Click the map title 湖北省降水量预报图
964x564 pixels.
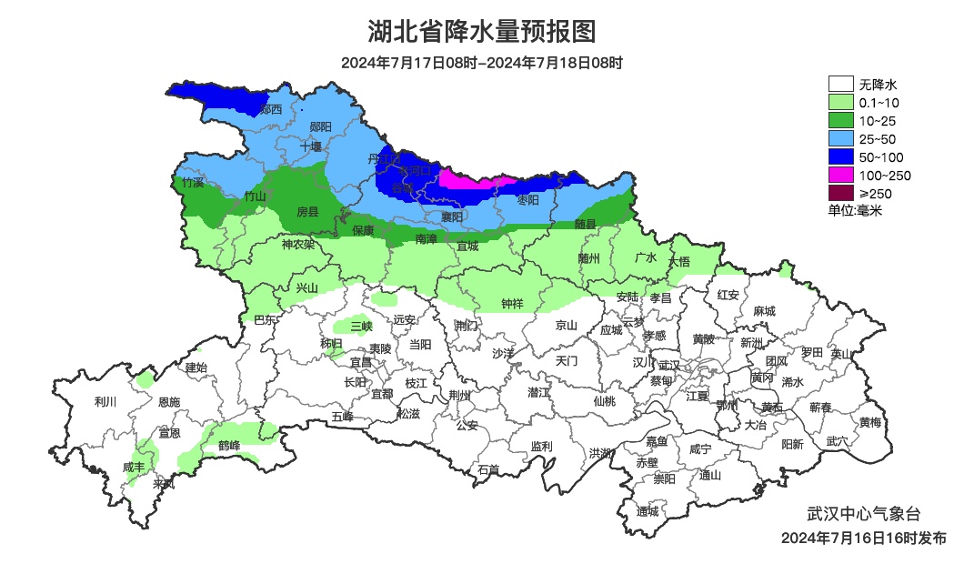(482, 32)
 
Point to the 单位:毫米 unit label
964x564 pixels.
(855, 210)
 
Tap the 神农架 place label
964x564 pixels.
(297, 245)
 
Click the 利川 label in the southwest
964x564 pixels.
(106, 401)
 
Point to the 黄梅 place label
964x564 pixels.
(870, 422)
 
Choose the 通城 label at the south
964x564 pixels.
(648, 510)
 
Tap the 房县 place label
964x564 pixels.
(308, 212)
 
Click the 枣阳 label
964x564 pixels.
(527, 199)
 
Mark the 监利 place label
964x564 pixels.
(542, 447)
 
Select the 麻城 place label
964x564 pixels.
(764, 311)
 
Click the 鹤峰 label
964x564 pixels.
(229, 445)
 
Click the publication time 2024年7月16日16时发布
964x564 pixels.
(863, 538)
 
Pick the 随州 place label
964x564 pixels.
(589, 258)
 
